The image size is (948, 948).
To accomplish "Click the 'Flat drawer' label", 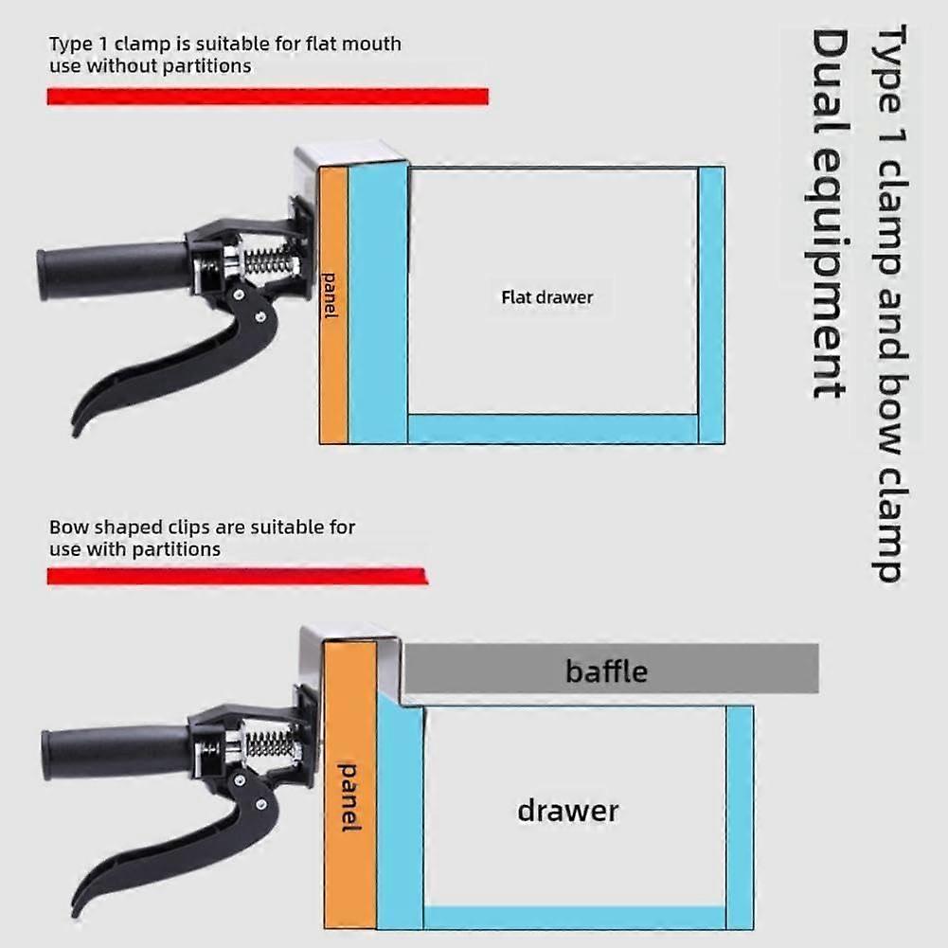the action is coord(546,297).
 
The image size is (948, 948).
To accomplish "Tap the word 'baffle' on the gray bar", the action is coord(606,671).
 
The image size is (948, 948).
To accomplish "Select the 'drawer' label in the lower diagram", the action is coord(567,811).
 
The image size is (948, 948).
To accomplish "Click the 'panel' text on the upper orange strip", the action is coord(330,295).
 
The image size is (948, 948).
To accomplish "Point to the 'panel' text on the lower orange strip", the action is coord(349,797).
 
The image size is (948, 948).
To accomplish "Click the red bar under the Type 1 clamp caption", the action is coord(268,97).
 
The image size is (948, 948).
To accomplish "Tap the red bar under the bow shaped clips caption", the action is coord(238,576).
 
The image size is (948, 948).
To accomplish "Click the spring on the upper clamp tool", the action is coord(271,261).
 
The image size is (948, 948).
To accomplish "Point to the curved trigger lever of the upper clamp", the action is coord(182,357).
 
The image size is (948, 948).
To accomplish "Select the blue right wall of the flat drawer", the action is coord(711,305).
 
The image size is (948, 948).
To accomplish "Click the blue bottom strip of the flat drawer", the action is coord(553,429).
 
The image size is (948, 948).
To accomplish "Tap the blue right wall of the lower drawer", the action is coord(740,817).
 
